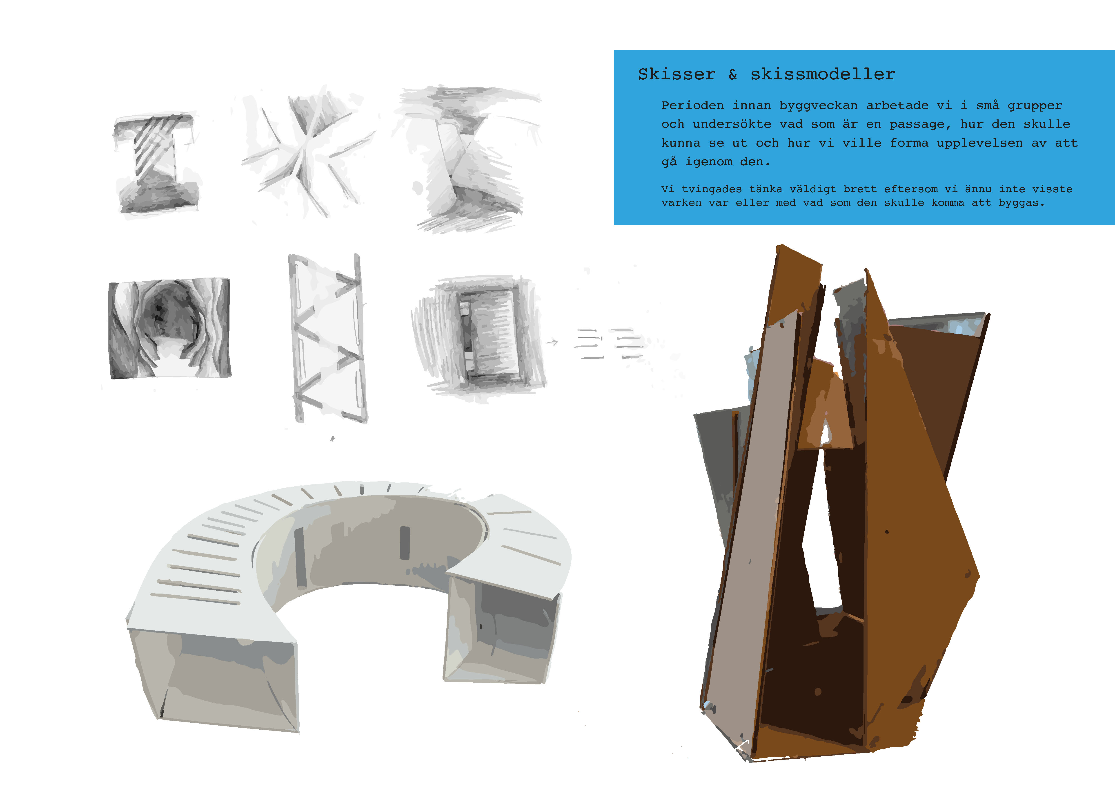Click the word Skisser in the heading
[x=677, y=74]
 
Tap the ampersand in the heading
[x=733, y=74]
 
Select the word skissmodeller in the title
[x=823, y=74]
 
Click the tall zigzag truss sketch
[x=328, y=338]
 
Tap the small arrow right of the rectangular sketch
[x=552, y=343]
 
